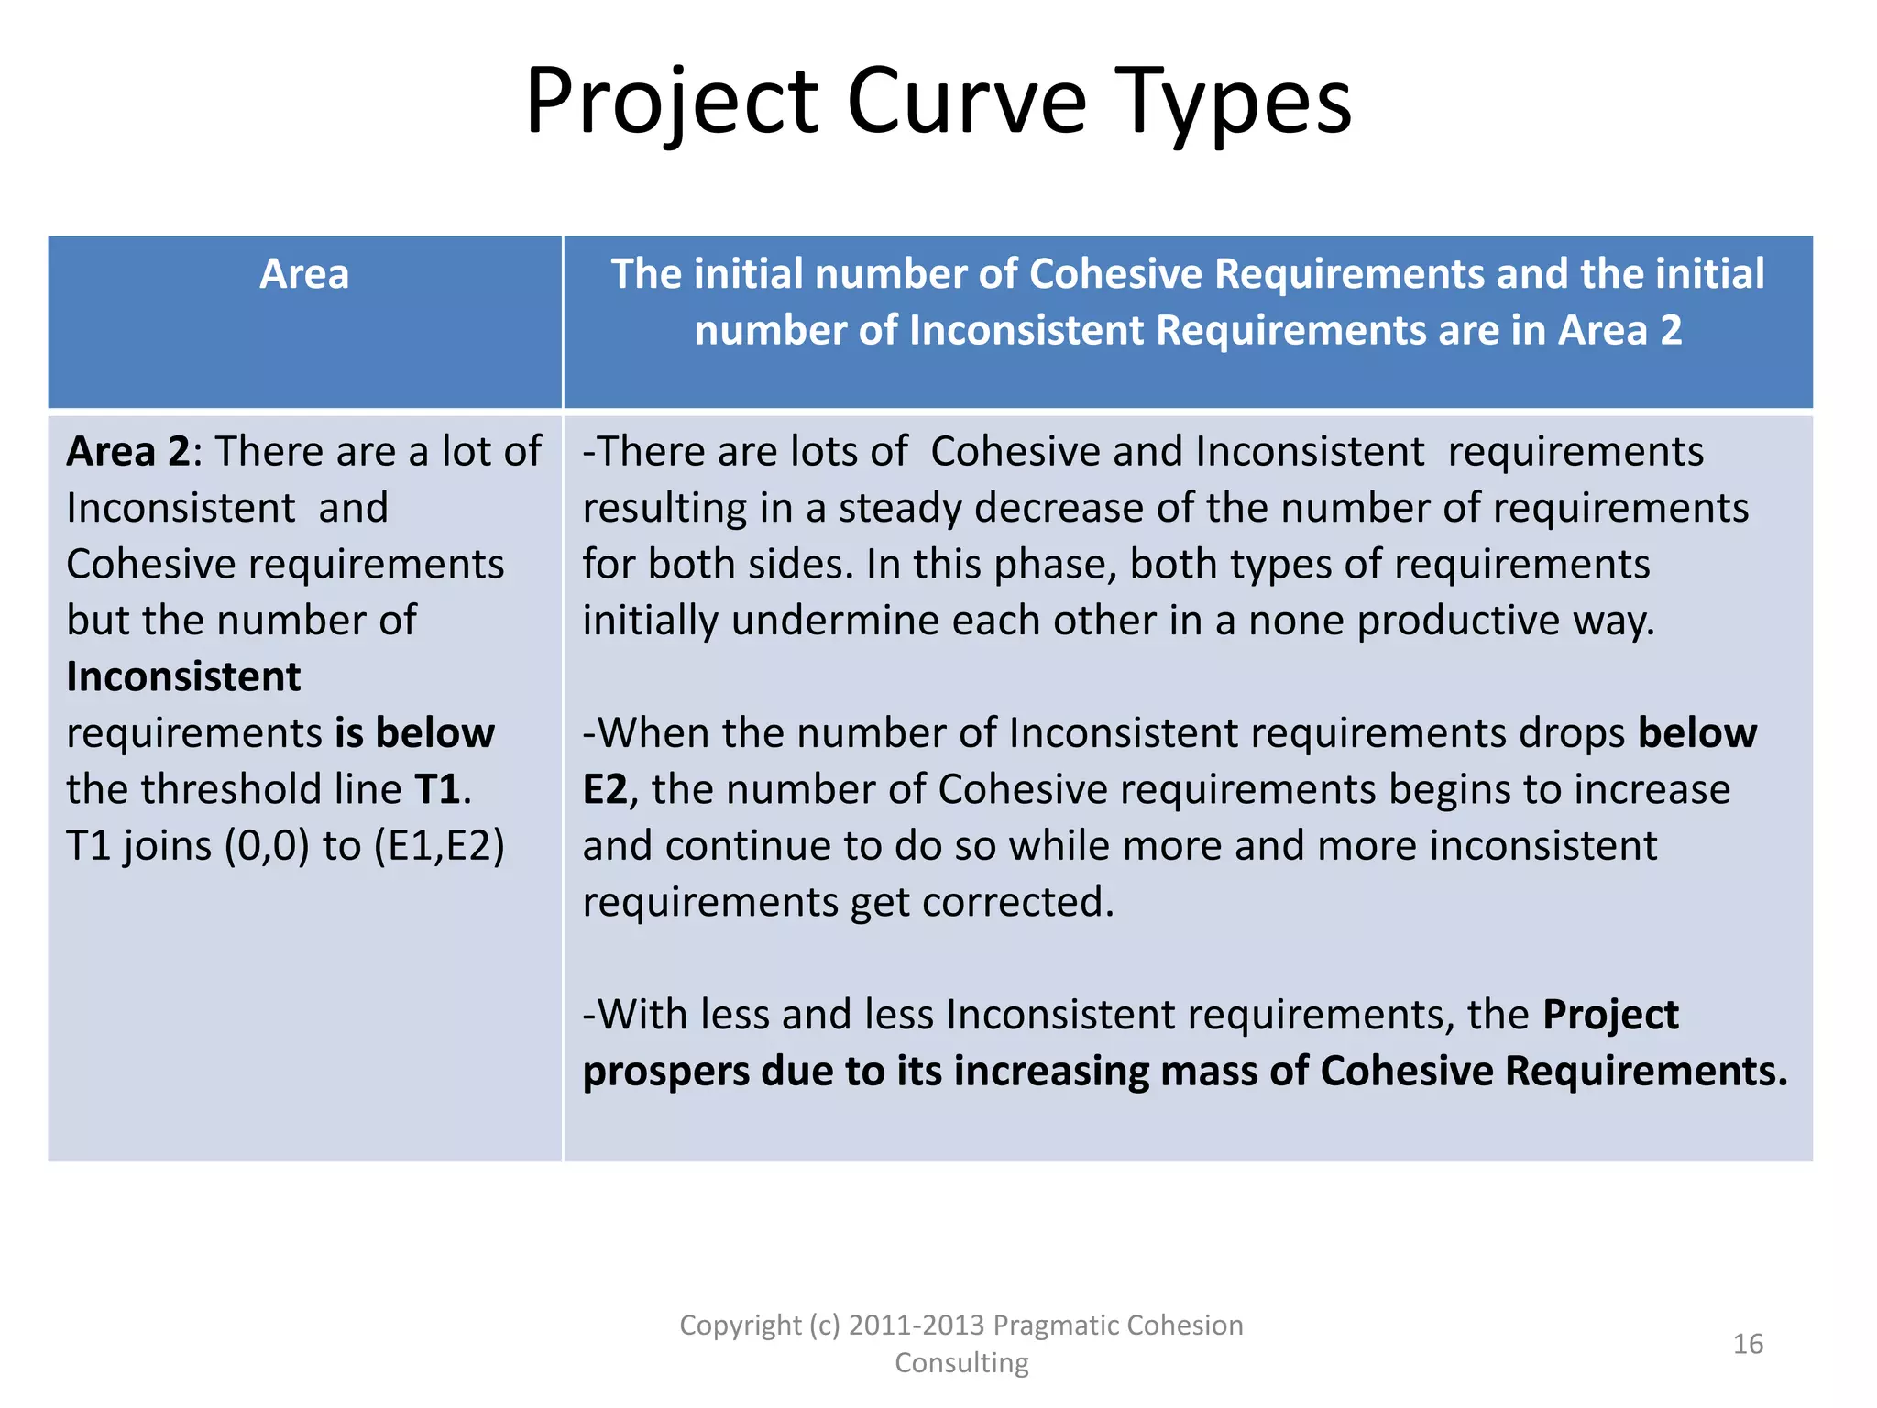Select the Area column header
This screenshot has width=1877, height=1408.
pos(304,274)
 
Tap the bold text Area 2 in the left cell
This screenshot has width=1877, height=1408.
pos(127,452)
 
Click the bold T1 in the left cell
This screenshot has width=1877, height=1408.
pos(436,789)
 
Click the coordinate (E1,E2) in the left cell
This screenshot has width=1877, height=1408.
pos(439,845)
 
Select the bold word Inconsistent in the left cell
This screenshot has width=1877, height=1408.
pos(183,677)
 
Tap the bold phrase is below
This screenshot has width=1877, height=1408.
pos(414,733)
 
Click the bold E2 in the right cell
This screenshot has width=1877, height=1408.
pos(605,789)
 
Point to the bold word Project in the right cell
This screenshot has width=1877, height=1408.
pos(1610,1015)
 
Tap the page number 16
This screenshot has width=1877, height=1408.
pos(1748,1344)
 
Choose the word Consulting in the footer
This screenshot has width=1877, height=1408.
pos(961,1363)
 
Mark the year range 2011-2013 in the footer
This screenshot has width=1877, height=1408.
pos(917,1325)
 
